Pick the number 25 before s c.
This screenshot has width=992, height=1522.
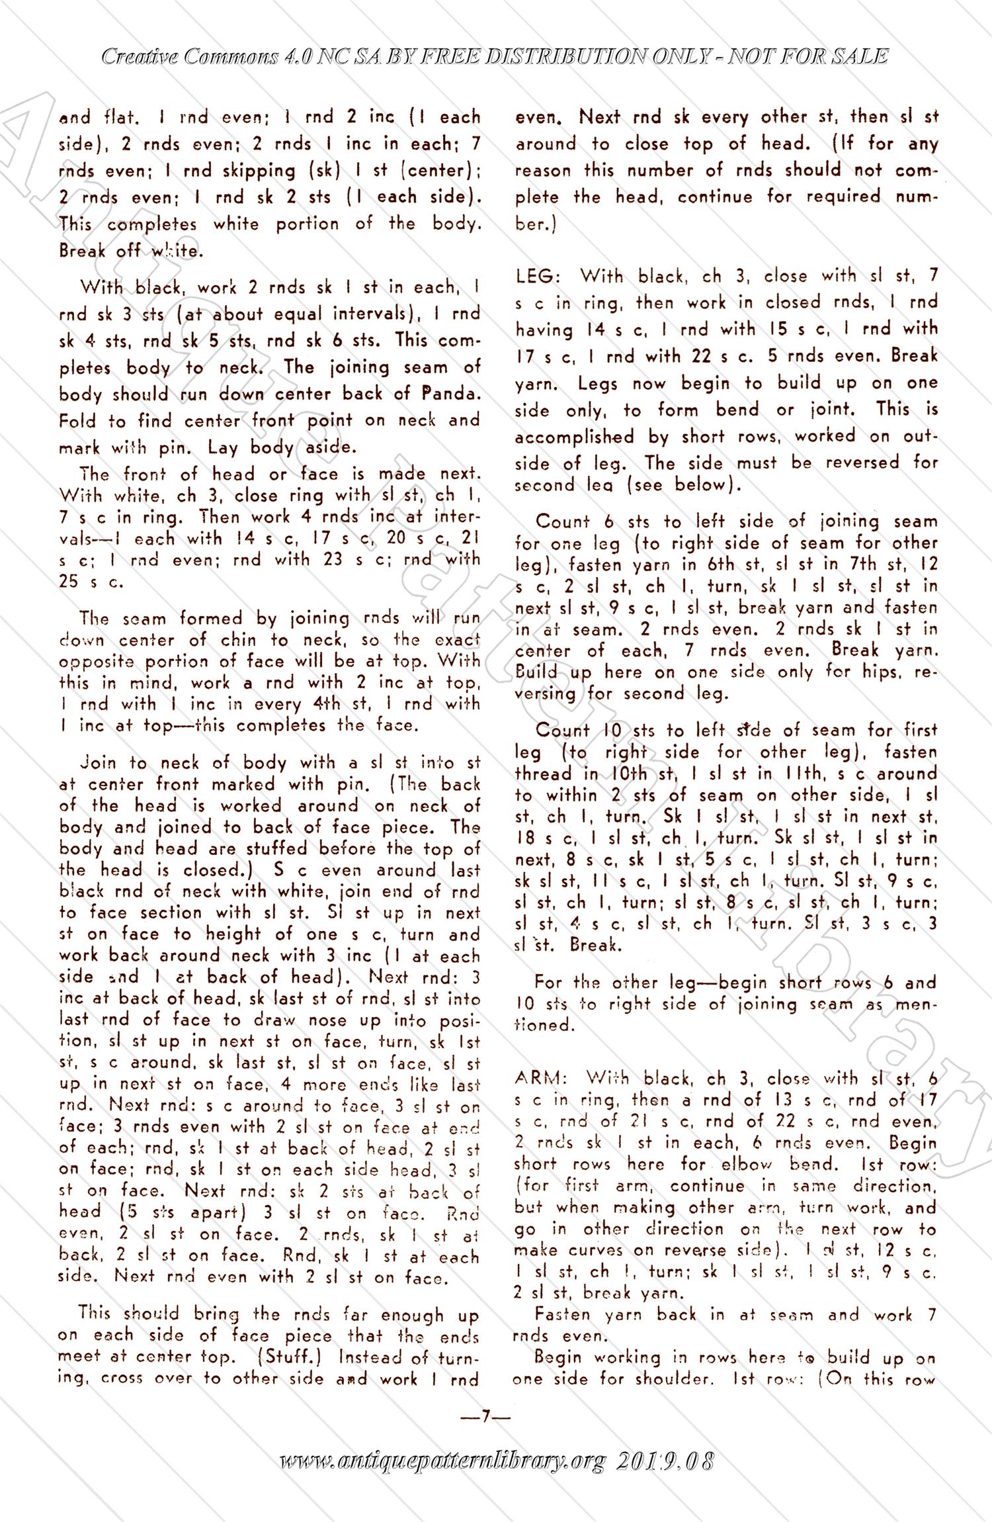pyautogui.click(x=69, y=581)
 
